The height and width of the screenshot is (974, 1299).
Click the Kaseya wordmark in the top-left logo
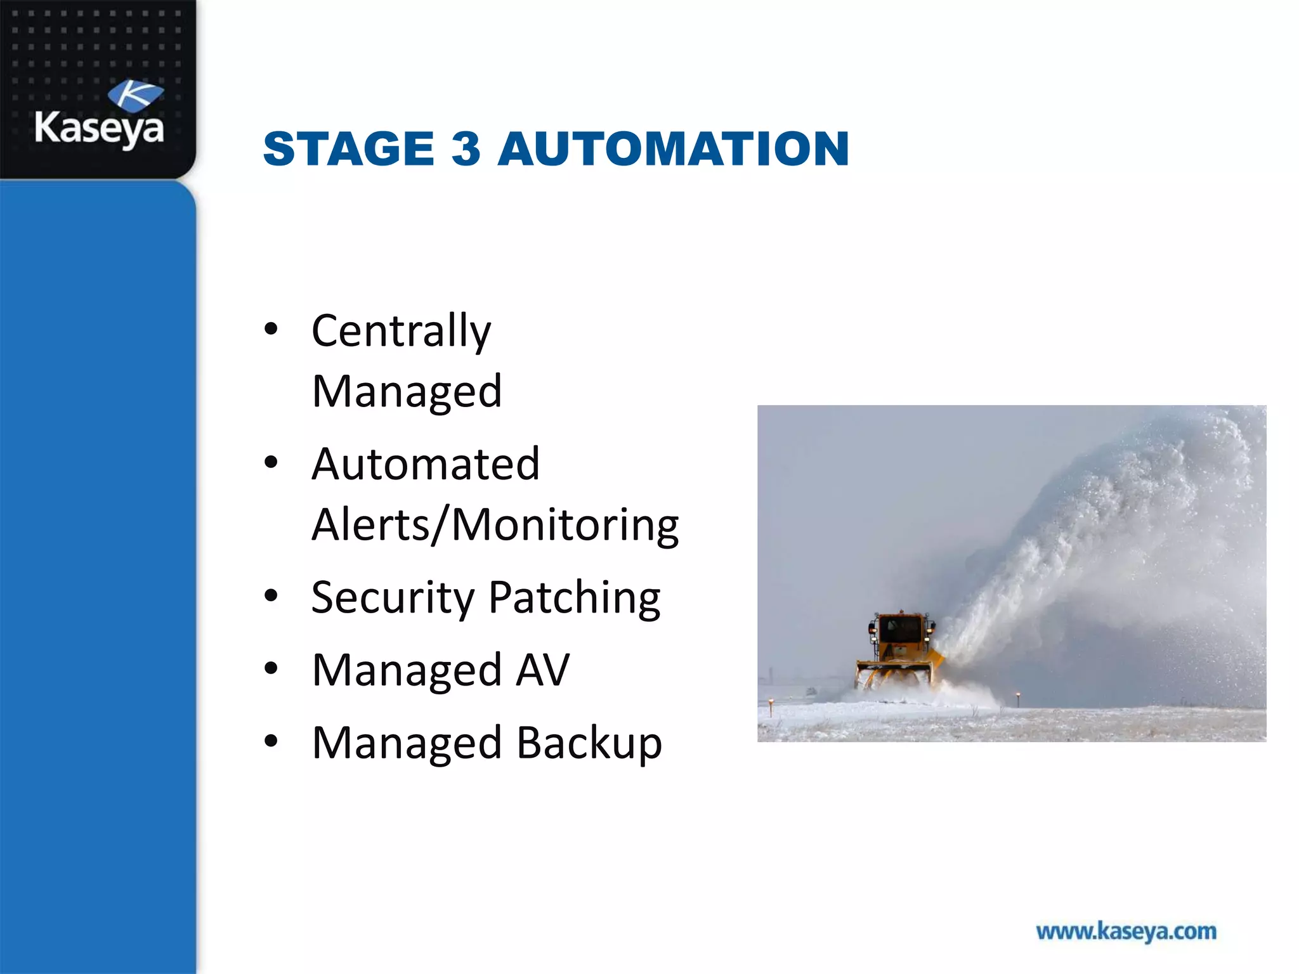pos(99,129)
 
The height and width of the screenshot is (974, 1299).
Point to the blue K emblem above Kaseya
pos(136,95)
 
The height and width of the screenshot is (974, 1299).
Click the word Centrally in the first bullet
pos(401,331)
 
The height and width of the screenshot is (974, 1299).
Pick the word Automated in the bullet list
pos(426,464)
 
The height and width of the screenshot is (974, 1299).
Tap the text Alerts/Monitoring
pos(495,525)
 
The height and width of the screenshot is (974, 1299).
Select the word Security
pos(393,598)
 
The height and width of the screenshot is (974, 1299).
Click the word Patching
pos(575,598)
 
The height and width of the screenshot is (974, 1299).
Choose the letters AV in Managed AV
pos(542,670)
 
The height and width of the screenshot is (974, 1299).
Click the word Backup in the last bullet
pos(589,743)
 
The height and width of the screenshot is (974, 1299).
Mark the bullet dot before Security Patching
pos(271,596)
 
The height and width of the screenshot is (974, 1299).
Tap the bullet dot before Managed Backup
pos(271,741)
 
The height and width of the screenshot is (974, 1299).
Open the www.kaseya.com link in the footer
pos(1126,932)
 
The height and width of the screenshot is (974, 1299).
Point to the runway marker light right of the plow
pos(1018,696)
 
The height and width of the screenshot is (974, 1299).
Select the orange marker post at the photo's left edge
pos(771,703)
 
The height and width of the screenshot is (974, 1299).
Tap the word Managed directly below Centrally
pos(407,391)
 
